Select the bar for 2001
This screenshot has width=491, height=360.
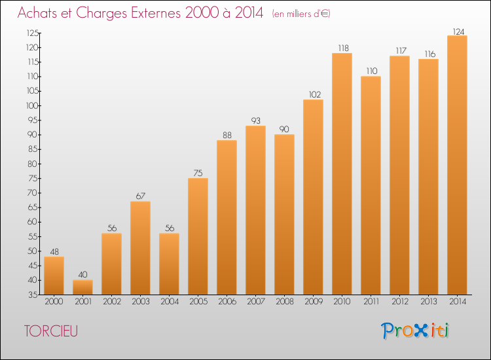[82, 287]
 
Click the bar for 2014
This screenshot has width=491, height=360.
[457, 165]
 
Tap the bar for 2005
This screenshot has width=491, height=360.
[198, 236]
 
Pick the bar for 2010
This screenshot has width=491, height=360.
[342, 173]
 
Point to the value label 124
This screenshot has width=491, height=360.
[458, 31]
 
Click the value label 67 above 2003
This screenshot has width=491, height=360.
[141, 196]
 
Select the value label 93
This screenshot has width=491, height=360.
[256, 120]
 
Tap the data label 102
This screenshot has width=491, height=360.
[315, 94]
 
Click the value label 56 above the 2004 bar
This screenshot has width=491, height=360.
[170, 228]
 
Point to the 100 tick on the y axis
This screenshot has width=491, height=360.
[32, 106]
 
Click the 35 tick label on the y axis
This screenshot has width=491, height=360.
[33, 295]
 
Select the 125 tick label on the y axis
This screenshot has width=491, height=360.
[33, 33]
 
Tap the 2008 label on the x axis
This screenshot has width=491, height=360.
[285, 302]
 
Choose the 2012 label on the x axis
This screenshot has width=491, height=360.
[400, 302]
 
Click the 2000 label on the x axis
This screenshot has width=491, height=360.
[54, 302]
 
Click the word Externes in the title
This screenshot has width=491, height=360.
[156, 12]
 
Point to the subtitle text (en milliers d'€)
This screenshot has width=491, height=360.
[301, 14]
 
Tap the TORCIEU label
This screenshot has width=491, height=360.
[51, 331]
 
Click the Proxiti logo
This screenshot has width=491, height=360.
[415, 331]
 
